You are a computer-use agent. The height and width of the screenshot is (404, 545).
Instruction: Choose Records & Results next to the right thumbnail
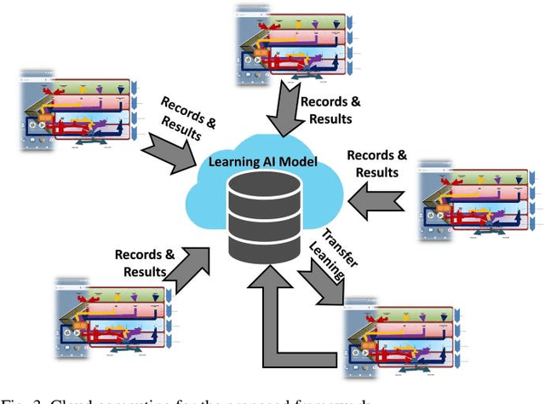pyautogui.click(x=376, y=164)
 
